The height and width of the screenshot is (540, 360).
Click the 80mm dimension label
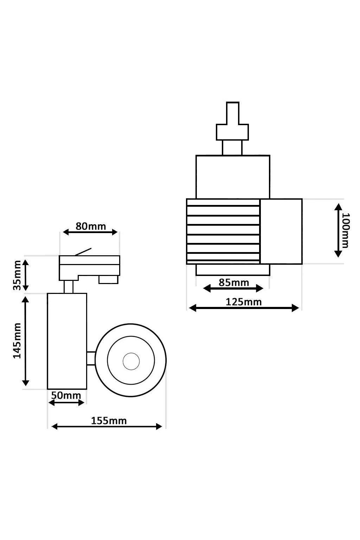[x=90, y=226]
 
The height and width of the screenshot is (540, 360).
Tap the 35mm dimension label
[x=17, y=275]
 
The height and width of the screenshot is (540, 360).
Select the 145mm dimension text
[x=17, y=341]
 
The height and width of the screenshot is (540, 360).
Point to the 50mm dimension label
[x=66, y=395]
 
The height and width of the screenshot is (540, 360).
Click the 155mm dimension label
[x=109, y=421]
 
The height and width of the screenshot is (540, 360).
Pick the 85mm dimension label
[x=234, y=282]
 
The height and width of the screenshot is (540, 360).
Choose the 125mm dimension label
[x=244, y=302]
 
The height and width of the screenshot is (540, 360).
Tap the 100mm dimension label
[x=346, y=230]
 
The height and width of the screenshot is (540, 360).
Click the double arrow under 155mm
[x=107, y=426]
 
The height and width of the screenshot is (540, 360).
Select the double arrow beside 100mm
[x=338, y=230]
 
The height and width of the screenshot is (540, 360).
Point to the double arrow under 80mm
[x=90, y=232]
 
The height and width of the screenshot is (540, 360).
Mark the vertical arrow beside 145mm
[x=26, y=341]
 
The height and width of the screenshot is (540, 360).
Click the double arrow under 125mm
[x=244, y=308]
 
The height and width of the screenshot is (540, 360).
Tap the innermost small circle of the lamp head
[x=131, y=361]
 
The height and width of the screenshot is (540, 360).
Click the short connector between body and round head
[x=91, y=358]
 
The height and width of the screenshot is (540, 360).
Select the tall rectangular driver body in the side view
[x=67, y=341]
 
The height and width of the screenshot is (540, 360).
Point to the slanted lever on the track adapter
[x=83, y=252]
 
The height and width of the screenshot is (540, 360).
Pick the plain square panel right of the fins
[x=281, y=231]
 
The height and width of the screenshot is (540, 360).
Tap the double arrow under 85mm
[x=233, y=289]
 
